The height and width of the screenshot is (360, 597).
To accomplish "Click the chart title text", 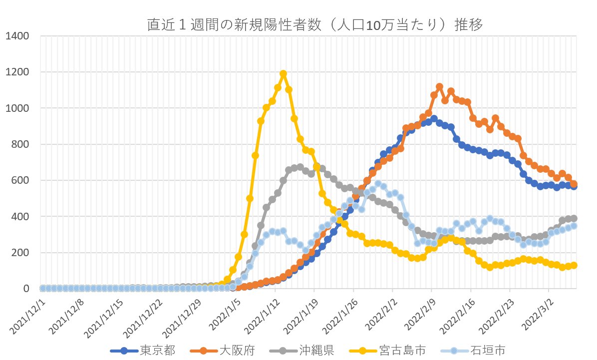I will point(315,24).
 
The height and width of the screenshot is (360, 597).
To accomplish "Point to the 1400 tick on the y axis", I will point(17,36).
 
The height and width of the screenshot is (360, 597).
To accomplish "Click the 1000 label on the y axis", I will point(17,108).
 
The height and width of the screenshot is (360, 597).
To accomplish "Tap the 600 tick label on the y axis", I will point(20,180).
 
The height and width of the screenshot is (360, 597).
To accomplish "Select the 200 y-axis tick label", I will point(20,253).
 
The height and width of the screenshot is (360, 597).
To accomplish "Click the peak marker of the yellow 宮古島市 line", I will point(283,74).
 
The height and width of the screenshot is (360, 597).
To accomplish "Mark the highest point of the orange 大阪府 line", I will point(439,87).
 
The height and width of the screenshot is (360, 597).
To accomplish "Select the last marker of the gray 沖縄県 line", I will point(574,218).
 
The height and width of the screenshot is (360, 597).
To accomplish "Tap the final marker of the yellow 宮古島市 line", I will point(574,265).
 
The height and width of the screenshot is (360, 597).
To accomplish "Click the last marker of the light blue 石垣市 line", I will point(574,226).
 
